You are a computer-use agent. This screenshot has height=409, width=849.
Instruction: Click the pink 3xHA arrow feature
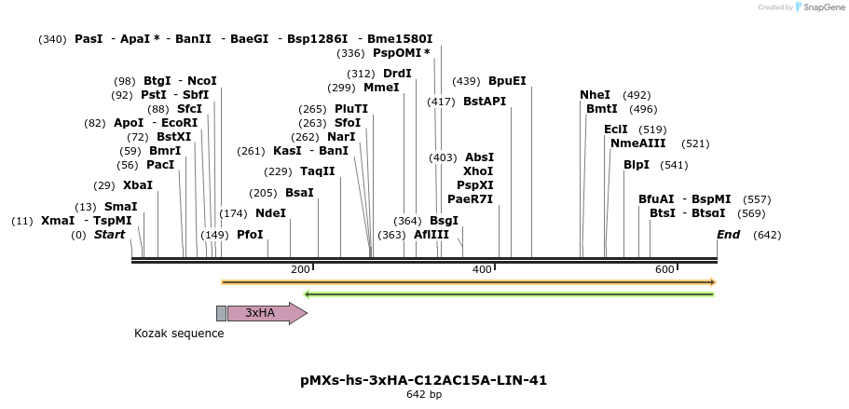(266, 313)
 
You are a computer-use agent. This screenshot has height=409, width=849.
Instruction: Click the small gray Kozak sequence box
(221, 313)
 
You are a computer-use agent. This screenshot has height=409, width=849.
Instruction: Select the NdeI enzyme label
(270, 212)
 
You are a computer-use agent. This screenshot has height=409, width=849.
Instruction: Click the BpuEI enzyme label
(507, 81)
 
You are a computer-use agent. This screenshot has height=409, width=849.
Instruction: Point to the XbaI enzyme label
(137, 185)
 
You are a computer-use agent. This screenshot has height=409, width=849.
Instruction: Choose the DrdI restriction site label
(397, 74)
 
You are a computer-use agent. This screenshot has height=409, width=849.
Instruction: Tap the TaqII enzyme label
(317, 171)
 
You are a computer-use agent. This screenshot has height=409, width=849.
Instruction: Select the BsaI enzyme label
(299, 193)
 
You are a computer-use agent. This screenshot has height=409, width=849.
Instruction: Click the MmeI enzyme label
(381, 88)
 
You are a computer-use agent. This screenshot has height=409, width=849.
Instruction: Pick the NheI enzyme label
(595, 95)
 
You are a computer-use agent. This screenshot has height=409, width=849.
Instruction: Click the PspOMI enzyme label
(402, 53)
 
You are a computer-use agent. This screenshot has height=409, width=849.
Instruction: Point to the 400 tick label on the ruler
(482, 269)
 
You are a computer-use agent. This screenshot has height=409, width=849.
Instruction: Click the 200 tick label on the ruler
(300, 269)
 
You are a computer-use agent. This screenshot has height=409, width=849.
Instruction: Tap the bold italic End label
(728, 235)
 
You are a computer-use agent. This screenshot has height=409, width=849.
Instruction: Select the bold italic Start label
(109, 235)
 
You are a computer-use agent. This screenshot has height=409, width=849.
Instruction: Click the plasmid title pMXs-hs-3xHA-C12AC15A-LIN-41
(423, 380)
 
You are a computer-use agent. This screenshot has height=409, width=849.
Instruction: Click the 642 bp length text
(424, 395)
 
